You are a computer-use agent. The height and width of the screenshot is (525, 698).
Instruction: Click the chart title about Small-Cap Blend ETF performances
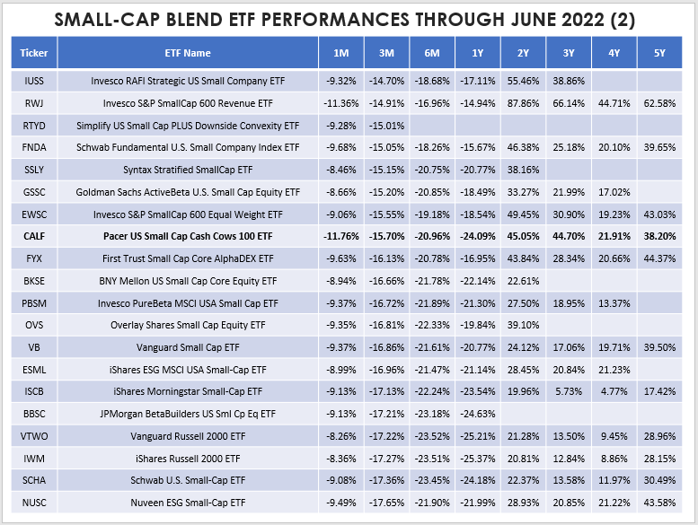(x=349, y=21)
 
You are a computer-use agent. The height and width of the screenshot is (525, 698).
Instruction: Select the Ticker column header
(x=34, y=54)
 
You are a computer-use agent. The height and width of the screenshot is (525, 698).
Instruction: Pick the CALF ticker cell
(x=34, y=237)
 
